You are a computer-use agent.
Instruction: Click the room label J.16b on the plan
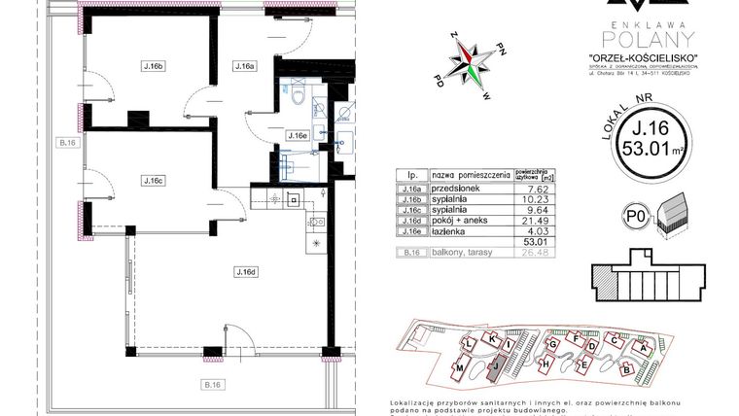click(x=152, y=67)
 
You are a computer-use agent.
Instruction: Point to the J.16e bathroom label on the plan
click(x=298, y=136)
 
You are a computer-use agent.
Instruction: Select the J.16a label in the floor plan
click(x=244, y=67)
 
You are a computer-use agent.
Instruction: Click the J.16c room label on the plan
click(x=152, y=180)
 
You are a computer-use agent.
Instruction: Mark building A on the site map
click(x=642, y=347)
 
